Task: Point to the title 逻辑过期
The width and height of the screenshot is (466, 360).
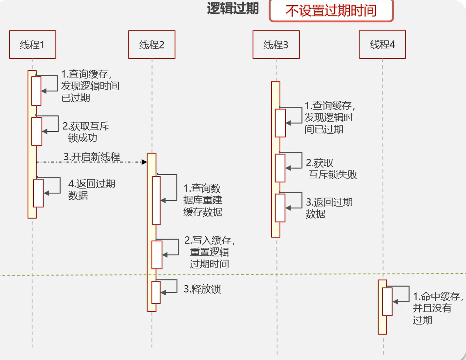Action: click(x=233, y=9)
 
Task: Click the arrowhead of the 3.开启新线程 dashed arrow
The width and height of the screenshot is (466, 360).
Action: click(x=144, y=162)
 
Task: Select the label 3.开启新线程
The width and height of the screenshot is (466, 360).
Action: click(x=92, y=157)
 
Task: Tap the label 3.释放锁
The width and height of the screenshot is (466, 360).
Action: click(x=202, y=289)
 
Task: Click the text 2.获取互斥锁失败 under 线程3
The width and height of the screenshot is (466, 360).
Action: click(x=331, y=169)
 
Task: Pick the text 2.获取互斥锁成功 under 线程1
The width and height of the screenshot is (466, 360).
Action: click(x=86, y=132)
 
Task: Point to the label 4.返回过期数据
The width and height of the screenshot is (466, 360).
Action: click(x=92, y=190)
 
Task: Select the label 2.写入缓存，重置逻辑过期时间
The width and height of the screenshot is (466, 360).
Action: click(x=210, y=252)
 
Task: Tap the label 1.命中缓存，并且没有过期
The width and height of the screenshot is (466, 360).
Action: click(x=438, y=308)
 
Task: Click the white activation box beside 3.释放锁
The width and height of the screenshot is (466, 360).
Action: click(x=156, y=292)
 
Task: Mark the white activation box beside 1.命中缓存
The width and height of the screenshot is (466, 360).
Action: click(x=387, y=302)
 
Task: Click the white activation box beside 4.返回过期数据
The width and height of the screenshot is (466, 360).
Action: click(x=38, y=193)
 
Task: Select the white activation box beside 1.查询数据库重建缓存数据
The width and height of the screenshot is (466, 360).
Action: click(x=156, y=200)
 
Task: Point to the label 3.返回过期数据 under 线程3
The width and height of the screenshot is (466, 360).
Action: click(x=329, y=208)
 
